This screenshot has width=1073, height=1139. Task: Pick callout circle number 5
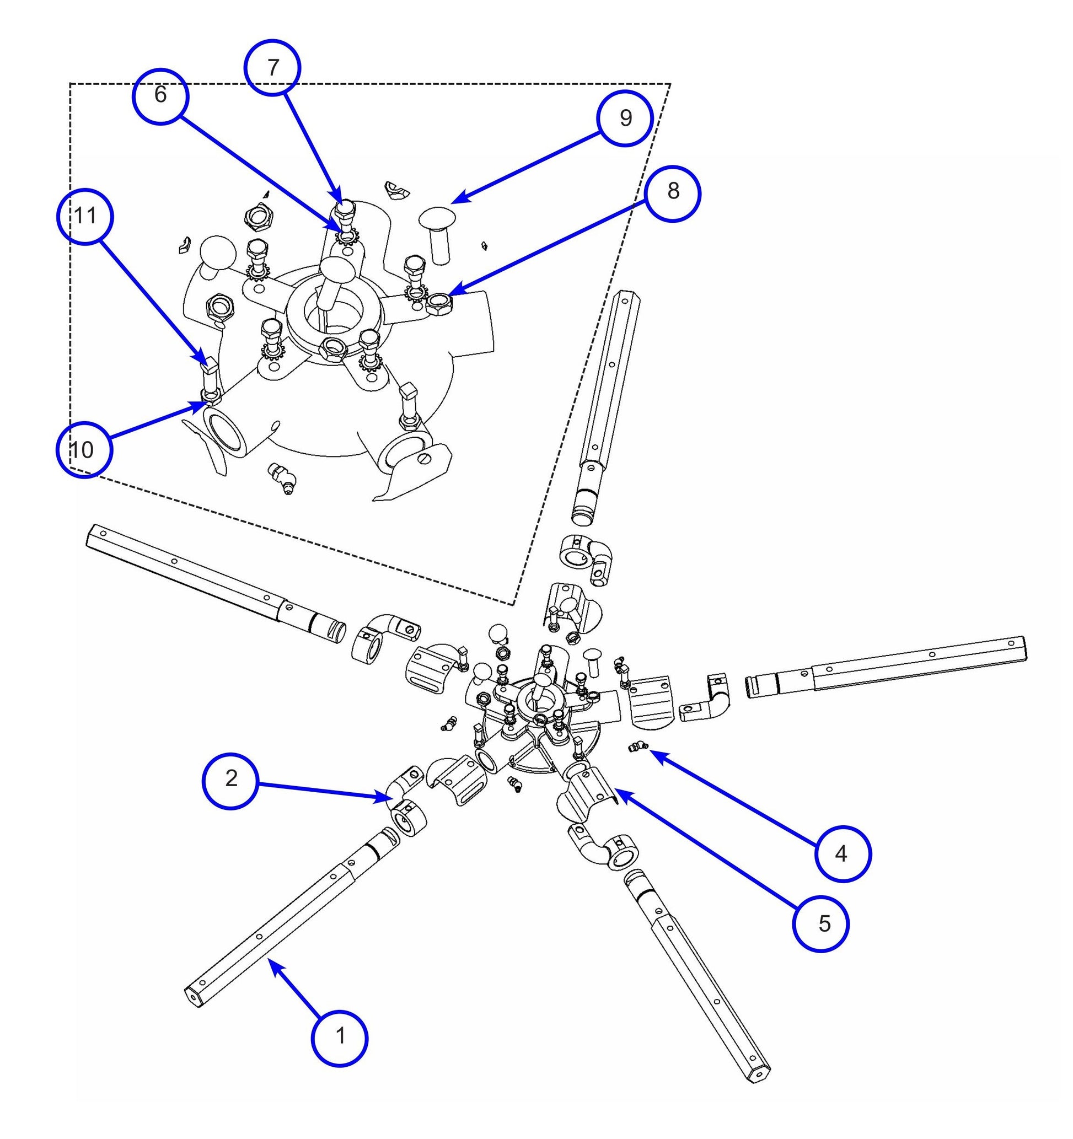click(x=820, y=924)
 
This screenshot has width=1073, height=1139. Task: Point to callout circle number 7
click(x=273, y=68)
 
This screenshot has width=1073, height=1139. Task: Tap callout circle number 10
click(x=84, y=450)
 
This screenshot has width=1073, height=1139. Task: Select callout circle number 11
click(x=85, y=217)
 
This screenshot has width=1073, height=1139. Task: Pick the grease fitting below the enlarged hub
click(x=282, y=478)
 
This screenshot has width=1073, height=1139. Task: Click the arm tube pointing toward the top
click(x=607, y=401)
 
